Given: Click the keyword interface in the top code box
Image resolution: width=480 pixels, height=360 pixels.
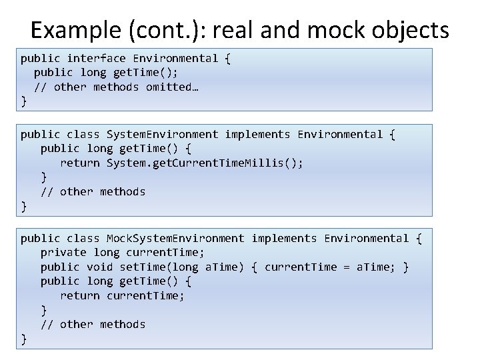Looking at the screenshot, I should pos(96,58).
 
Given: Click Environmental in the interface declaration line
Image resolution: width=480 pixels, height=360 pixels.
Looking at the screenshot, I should pos(175,58).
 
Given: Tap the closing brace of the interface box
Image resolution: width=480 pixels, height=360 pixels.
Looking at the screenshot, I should pos(24,101).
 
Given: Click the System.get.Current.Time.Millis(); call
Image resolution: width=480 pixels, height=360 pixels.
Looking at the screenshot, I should pos(205,163).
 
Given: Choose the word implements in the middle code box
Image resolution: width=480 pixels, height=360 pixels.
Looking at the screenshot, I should pos(257,134).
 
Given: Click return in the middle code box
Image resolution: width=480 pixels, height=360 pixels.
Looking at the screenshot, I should pos(80,163).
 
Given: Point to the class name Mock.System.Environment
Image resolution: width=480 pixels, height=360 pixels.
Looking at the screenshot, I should pos(175,238).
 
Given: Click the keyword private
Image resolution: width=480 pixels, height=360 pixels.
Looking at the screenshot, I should pos(63,252).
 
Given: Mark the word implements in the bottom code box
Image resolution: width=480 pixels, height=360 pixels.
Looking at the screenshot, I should pos(284,238).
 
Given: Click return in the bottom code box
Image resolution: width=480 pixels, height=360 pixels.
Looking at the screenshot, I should pos(80,295).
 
